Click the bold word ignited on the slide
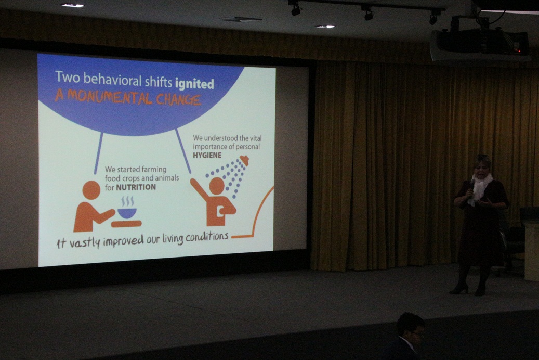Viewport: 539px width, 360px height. click(194, 84)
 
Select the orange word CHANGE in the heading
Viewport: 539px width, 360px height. click(178, 99)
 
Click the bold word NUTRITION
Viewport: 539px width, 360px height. click(136, 187)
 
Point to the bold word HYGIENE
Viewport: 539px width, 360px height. click(207, 155)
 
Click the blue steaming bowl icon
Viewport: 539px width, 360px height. click(127, 208)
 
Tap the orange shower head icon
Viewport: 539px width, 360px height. click(244, 160)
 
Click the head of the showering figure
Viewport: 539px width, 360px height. click(217, 185)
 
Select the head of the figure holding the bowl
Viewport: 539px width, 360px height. click(91, 190)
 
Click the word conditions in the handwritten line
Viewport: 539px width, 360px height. click(207, 237)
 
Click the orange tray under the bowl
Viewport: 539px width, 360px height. click(126, 224)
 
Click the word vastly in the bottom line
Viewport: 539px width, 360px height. click(85, 242)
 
